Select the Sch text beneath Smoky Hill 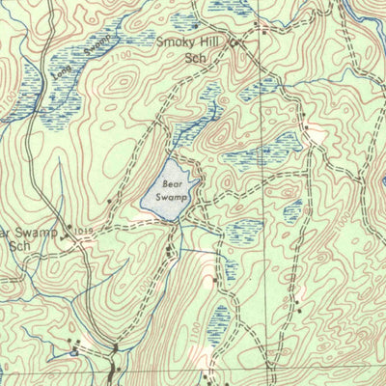(196, 57)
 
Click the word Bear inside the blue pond (172, 182)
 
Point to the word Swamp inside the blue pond (171, 196)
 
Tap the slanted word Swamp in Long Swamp (92, 48)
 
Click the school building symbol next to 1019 (67, 231)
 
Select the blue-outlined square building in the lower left (74, 351)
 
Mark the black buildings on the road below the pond (172, 253)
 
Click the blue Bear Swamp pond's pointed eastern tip (200, 180)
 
